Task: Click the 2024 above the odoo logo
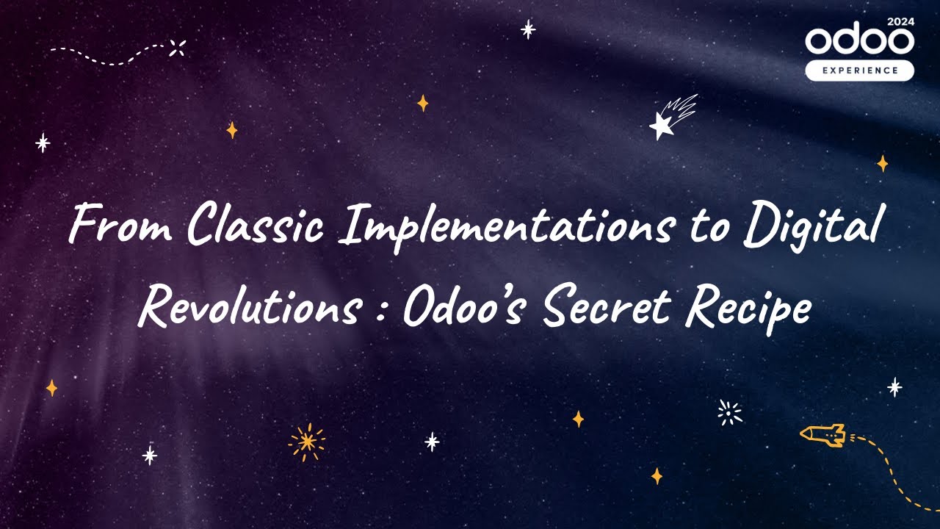coord(900,22)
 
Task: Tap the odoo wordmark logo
coord(859,41)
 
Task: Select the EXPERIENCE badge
coord(859,71)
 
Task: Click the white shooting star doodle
coord(670,118)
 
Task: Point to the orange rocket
coord(823,435)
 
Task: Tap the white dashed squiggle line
coord(110,54)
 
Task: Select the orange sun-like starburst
coord(307,441)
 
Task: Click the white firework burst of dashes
coord(729,412)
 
